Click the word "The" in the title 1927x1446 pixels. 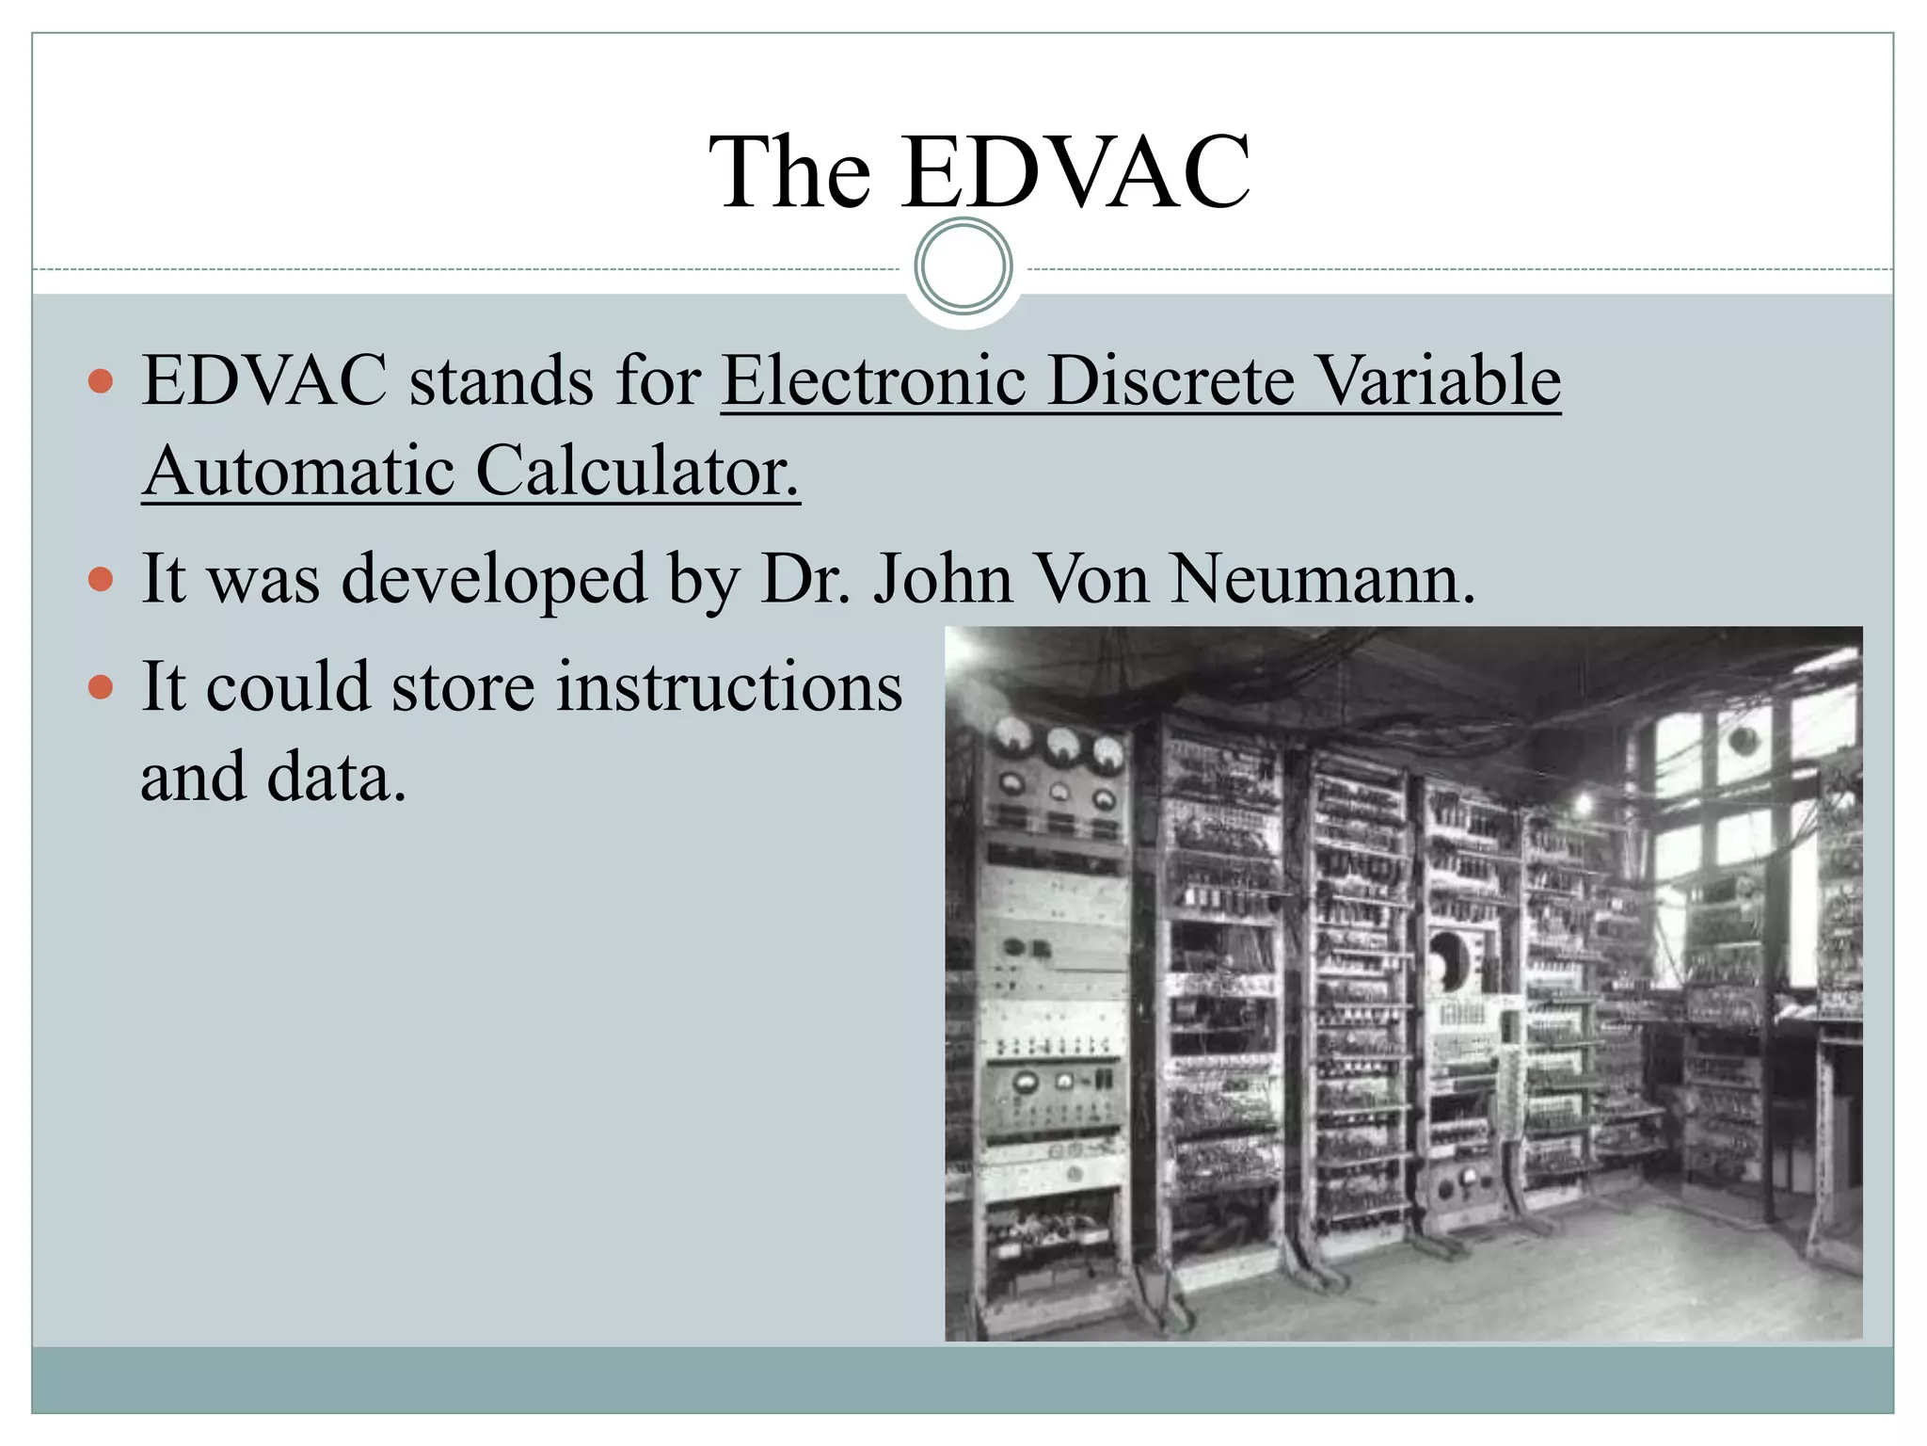pos(789,172)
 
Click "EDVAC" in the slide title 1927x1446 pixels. pos(1075,172)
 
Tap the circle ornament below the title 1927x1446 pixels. pos(963,266)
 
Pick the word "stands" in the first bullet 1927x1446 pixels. pos(501,381)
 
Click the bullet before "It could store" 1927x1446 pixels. pos(101,687)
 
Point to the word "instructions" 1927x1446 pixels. pos(729,687)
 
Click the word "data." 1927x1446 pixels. pos(337,778)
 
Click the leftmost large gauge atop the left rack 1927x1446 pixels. pos(1010,737)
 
